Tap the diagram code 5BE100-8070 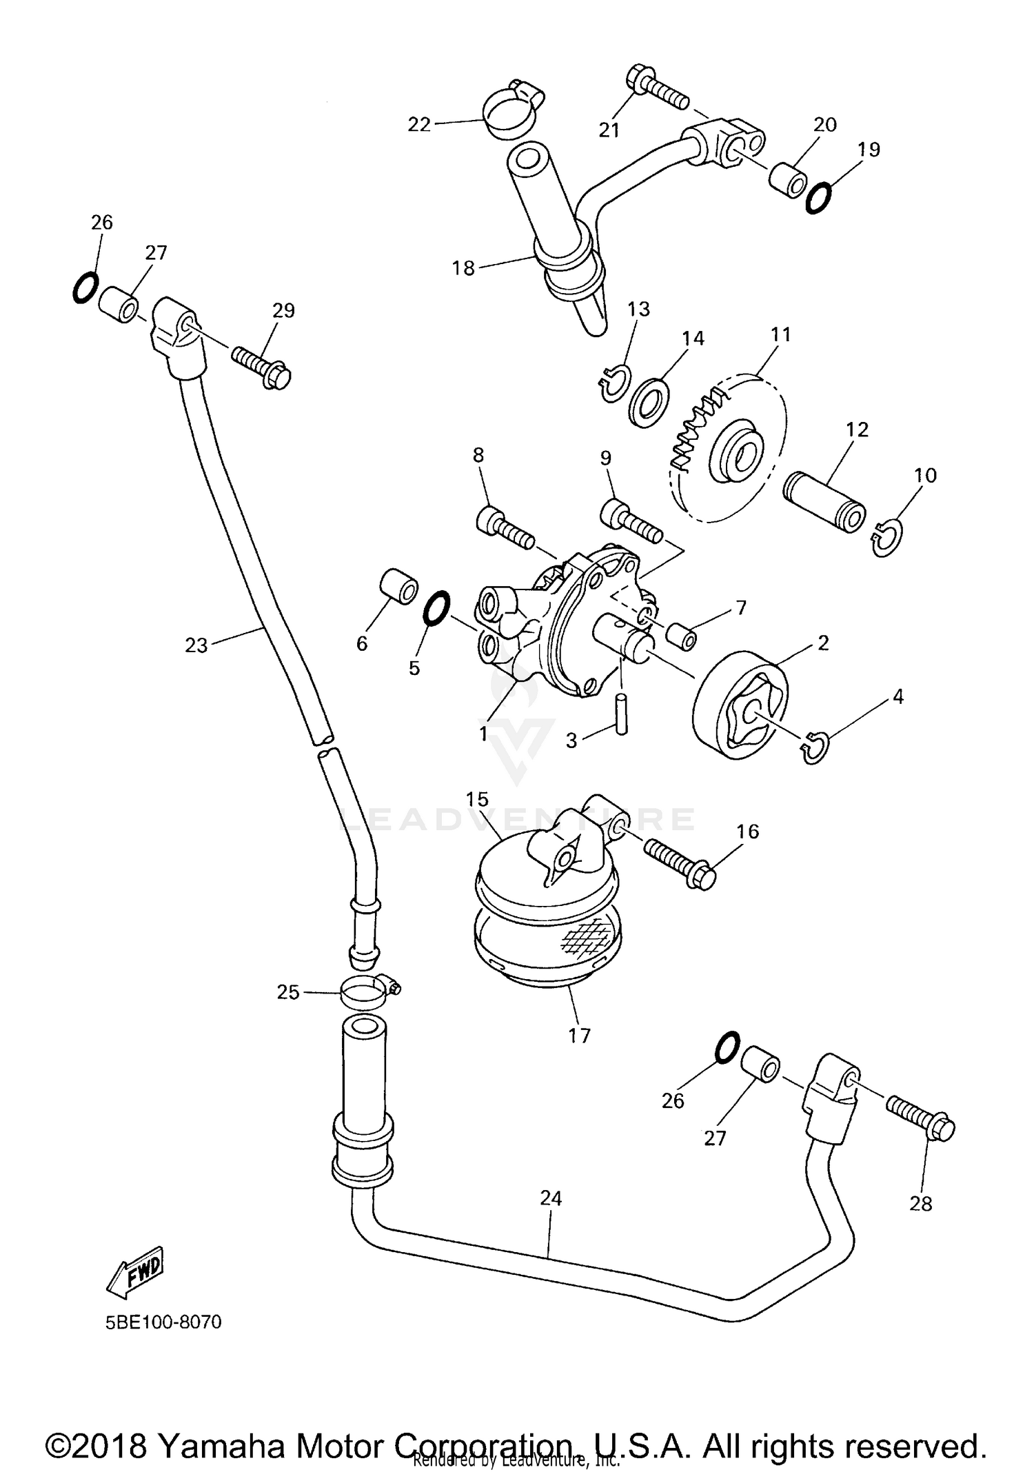163,1322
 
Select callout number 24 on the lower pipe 551,1198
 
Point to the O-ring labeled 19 818,198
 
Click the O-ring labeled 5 435,609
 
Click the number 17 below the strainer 579,1036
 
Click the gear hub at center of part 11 738,456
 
